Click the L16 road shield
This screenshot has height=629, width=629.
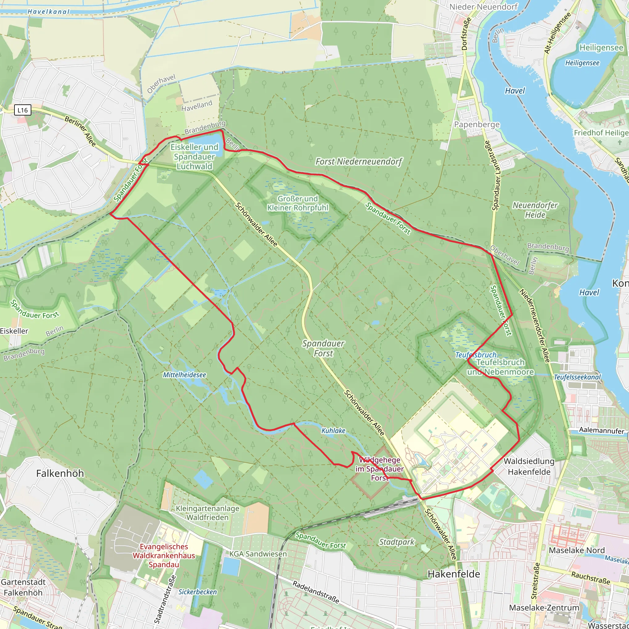click(x=22, y=110)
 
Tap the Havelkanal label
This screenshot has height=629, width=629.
click(x=49, y=12)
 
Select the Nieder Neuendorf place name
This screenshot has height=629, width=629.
click(x=483, y=7)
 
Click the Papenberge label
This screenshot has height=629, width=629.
click(x=477, y=124)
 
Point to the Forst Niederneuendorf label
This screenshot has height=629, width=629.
click(x=359, y=162)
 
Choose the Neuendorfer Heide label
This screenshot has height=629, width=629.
click(x=535, y=210)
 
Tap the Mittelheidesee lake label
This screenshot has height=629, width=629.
click(x=184, y=375)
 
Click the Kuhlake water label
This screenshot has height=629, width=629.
click(x=333, y=430)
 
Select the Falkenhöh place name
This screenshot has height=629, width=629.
click(x=60, y=473)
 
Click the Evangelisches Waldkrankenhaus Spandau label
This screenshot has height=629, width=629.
click(x=164, y=555)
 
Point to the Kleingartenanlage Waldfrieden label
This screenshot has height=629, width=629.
click(x=207, y=513)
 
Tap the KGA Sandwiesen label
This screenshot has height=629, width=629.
click(x=258, y=554)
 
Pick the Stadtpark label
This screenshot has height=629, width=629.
click(x=397, y=542)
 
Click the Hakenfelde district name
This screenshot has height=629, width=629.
click(x=454, y=574)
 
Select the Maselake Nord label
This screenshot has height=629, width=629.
click(x=576, y=550)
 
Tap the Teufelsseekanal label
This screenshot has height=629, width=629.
click(x=577, y=377)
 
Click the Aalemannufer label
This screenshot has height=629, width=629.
click(x=601, y=430)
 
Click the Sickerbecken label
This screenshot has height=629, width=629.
click(x=197, y=592)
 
